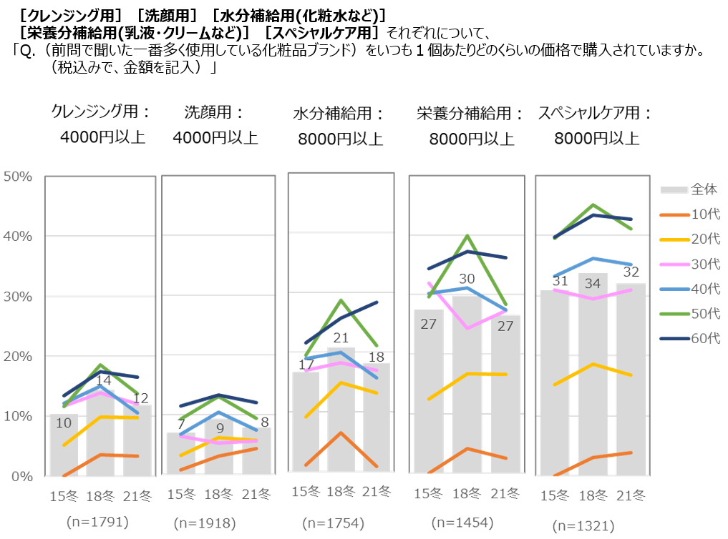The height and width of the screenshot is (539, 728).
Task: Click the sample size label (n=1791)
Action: [97, 522]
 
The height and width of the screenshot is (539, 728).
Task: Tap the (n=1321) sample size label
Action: [583, 527]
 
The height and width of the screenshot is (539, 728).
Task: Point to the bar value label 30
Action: [467, 279]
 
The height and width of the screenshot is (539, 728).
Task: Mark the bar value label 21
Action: [341, 338]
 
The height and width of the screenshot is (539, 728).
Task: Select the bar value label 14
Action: [104, 380]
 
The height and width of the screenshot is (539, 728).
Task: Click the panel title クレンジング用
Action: [101, 112]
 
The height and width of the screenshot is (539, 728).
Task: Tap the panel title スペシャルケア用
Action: [596, 113]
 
